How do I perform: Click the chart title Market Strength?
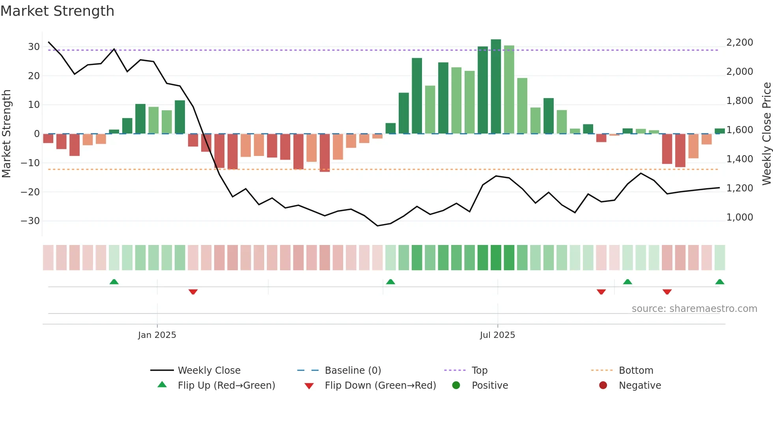click(x=57, y=11)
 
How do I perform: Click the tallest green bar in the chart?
click(x=496, y=87)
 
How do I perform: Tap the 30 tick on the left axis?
click(x=34, y=47)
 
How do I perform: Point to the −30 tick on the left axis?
click(x=31, y=221)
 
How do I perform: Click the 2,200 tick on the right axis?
click(x=739, y=43)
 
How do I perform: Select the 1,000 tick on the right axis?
click(x=739, y=217)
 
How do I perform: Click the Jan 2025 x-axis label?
click(x=157, y=335)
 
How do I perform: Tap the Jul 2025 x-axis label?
click(x=497, y=335)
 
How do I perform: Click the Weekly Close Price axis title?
click(x=766, y=134)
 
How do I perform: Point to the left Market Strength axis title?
click(x=6, y=134)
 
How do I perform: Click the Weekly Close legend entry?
click(x=209, y=371)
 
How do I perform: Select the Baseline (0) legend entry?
click(x=353, y=371)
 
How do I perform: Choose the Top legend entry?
click(x=479, y=371)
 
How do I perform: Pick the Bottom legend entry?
click(x=636, y=371)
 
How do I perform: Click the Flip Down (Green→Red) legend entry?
click(x=380, y=386)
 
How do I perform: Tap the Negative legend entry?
click(x=640, y=386)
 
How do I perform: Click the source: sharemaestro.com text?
click(x=694, y=309)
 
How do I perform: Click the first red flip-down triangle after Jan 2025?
click(x=193, y=292)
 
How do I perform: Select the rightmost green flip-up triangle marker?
click(x=719, y=282)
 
